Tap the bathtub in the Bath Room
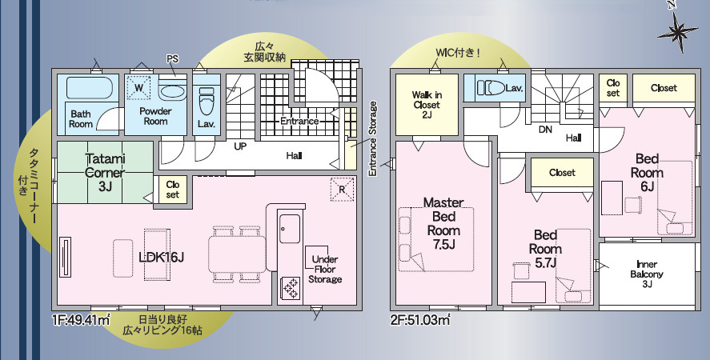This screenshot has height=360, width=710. point(89,87)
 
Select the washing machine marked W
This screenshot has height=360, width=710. point(138,87)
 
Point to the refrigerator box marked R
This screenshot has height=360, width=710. point(342,190)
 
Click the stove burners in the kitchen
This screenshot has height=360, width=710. point(290,288)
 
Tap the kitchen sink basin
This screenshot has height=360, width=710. point(289,229)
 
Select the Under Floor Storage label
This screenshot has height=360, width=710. point(325,269)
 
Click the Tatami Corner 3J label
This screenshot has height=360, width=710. point(105,173)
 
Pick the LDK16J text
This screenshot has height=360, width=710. point(161,258)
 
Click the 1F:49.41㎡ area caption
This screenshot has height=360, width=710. point(82,320)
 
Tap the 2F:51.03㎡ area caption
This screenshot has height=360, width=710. point(420,320)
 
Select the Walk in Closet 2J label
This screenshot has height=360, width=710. point(427,105)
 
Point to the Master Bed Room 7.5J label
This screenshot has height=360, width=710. point(443,223)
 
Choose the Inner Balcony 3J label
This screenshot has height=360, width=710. point(647,274)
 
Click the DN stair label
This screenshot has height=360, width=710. point(545,130)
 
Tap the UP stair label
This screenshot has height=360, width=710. point(240,146)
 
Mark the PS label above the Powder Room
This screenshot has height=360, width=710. point(172,59)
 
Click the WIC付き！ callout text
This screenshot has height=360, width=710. point(458,53)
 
